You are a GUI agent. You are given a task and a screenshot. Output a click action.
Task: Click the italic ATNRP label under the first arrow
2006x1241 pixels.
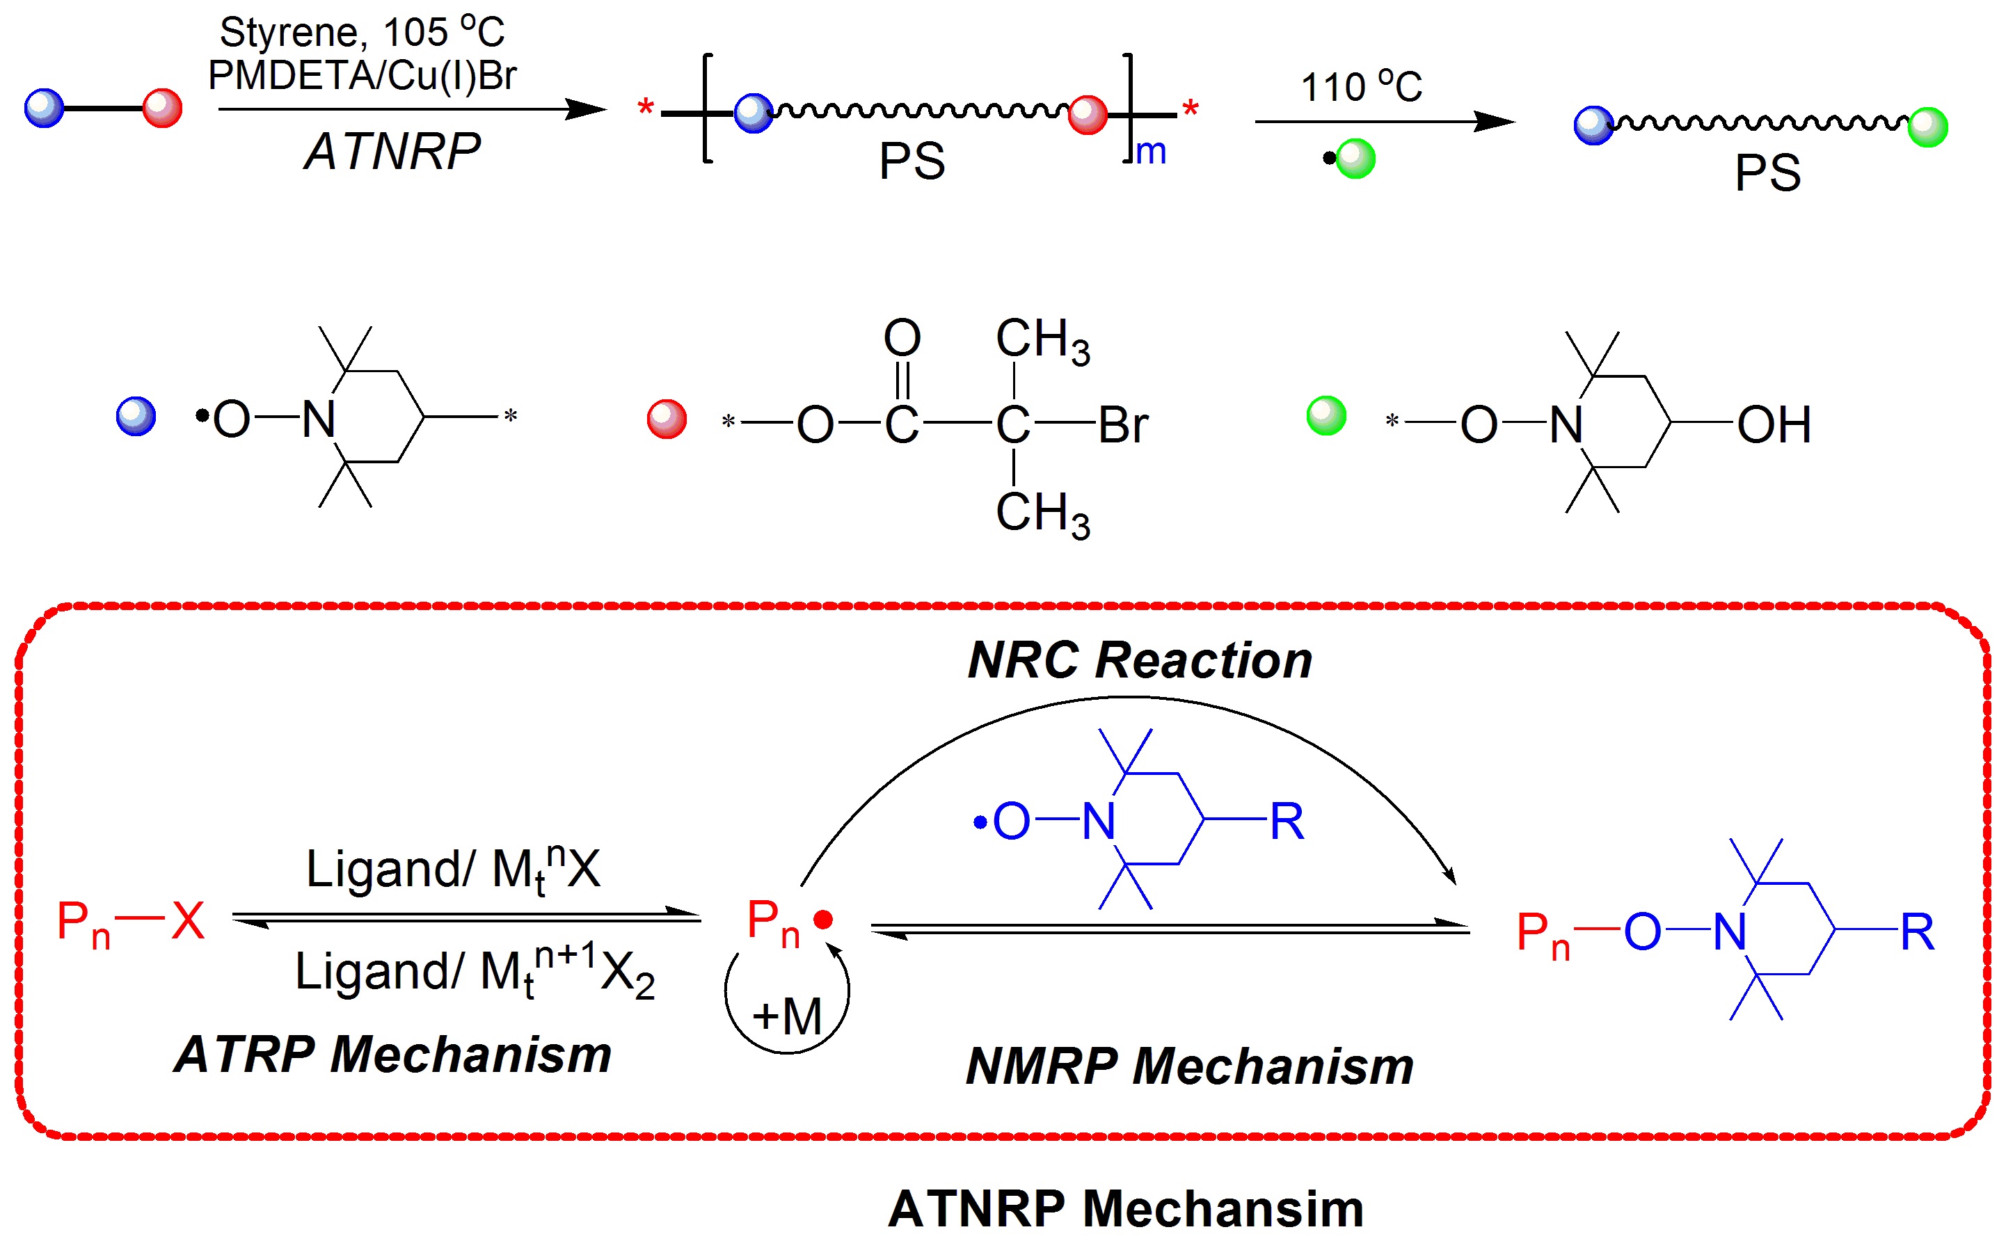click(x=392, y=152)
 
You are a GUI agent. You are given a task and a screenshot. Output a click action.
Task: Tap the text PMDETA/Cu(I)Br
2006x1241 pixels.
click(x=362, y=76)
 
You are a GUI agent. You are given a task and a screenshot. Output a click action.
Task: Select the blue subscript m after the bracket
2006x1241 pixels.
click(x=1151, y=152)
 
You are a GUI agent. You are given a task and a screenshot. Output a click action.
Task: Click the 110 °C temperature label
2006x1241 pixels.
click(x=1361, y=86)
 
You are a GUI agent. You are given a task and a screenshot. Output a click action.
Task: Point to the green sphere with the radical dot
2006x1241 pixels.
click(x=1355, y=159)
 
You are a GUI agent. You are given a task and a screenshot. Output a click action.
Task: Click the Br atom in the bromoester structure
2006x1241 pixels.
click(x=1122, y=425)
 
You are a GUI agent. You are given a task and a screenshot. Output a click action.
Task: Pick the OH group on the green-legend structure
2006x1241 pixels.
click(x=1774, y=425)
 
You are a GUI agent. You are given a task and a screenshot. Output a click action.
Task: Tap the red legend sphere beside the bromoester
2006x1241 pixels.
click(x=667, y=419)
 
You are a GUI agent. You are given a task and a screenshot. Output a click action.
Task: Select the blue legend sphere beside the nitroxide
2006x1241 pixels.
click(x=136, y=416)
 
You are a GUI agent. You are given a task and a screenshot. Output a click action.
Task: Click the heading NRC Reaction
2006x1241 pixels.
click(x=1139, y=660)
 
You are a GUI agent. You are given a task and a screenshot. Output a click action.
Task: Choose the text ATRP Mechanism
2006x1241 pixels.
click(x=393, y=1054)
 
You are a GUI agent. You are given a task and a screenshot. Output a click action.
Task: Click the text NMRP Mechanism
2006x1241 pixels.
click(x=1189, y=1066)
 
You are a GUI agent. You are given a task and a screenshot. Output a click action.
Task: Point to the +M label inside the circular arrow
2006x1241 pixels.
click(x=787, y=1016)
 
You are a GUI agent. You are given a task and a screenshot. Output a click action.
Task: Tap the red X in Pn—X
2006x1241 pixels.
click(x=188, y=920)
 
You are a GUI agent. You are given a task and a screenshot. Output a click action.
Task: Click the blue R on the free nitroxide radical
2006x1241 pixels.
click(x=1286, y=821)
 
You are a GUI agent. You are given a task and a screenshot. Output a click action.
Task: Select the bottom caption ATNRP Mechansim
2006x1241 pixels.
click(x=1125, y=1208)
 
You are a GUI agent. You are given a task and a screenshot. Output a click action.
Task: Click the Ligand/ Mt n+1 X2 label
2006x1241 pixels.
click(x=475, y=972)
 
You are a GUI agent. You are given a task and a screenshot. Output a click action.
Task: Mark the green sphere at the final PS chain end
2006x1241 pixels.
click(x=1927, y=127)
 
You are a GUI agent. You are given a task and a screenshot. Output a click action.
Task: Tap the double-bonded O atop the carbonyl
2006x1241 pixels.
click(x=902, y=337)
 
